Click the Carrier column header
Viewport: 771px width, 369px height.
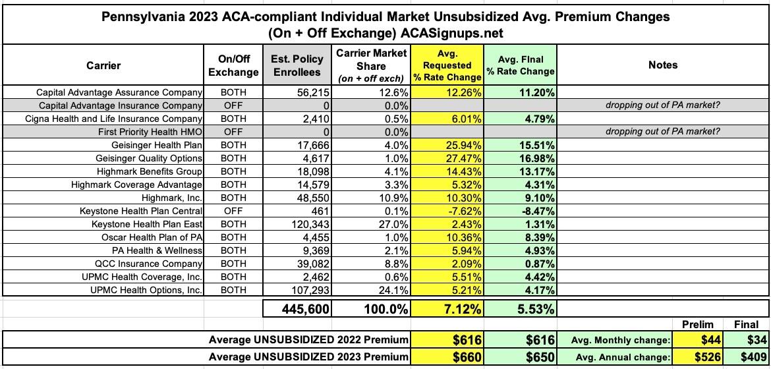coord(103,65)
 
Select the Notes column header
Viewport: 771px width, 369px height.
coord(663,65)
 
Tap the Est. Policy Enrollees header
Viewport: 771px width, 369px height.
coord(297,65)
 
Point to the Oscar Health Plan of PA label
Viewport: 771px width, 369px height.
coord(152,237)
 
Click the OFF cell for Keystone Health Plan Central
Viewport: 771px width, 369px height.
coord(233,211)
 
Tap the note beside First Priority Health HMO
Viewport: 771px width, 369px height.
coord(663,132)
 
